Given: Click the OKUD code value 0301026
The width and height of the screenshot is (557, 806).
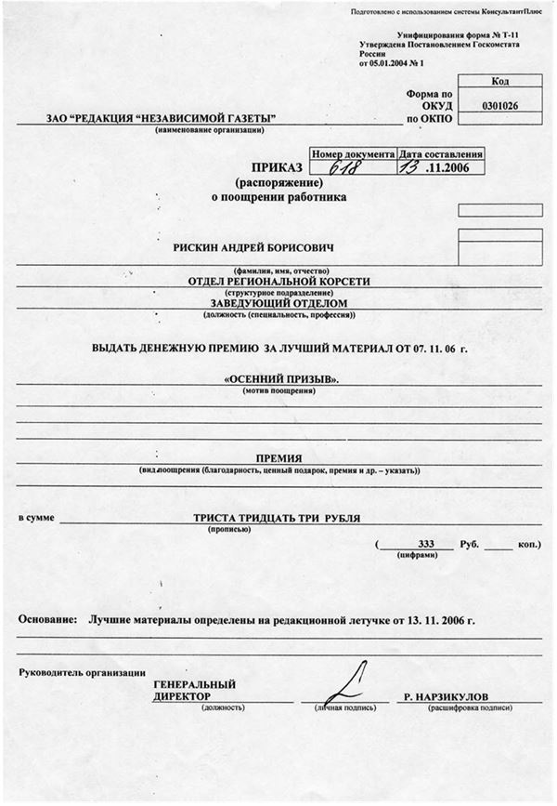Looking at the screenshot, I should [500, 106].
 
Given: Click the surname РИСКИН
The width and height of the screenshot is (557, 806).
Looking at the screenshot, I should [199, 247].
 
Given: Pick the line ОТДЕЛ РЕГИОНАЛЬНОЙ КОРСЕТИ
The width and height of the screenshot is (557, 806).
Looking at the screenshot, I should [279, 280].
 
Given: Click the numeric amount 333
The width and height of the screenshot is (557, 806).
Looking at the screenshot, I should [427, 542].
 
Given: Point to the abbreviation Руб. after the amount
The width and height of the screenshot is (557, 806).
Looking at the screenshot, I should [469, 542].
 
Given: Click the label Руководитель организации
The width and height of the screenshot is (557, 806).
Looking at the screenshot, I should [82, 671].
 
